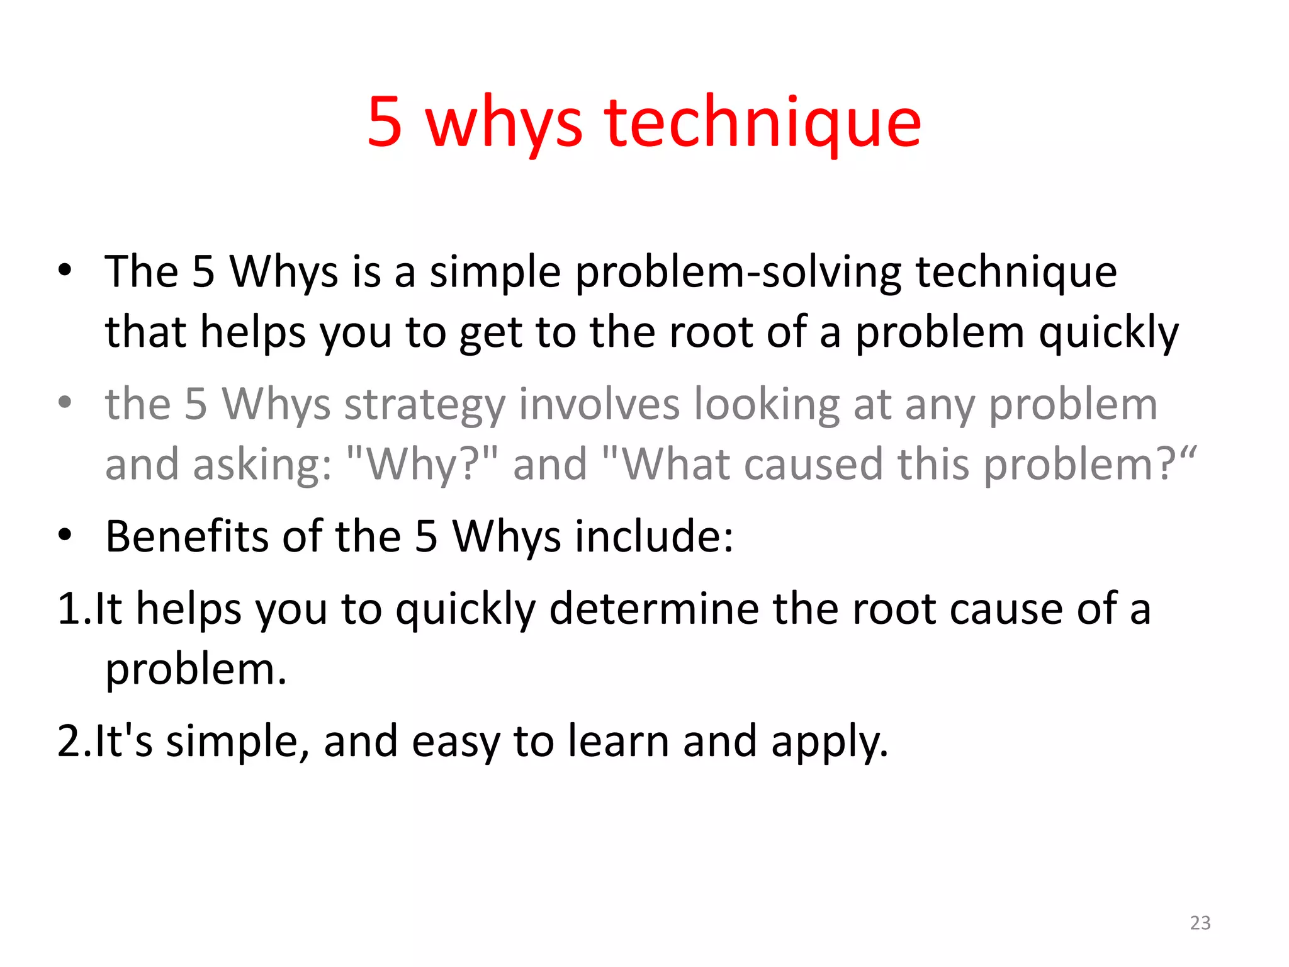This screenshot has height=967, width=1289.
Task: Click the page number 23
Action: (x=1200, y=922)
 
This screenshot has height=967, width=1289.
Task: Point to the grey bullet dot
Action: (x=65, y=402)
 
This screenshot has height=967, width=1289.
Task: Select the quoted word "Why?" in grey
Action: (x=422, y=465)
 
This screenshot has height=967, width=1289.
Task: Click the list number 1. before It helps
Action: (x=73, y=609)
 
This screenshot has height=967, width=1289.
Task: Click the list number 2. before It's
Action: (x=73, y=741)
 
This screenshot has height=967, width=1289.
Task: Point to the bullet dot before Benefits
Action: (x=65, y=535)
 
